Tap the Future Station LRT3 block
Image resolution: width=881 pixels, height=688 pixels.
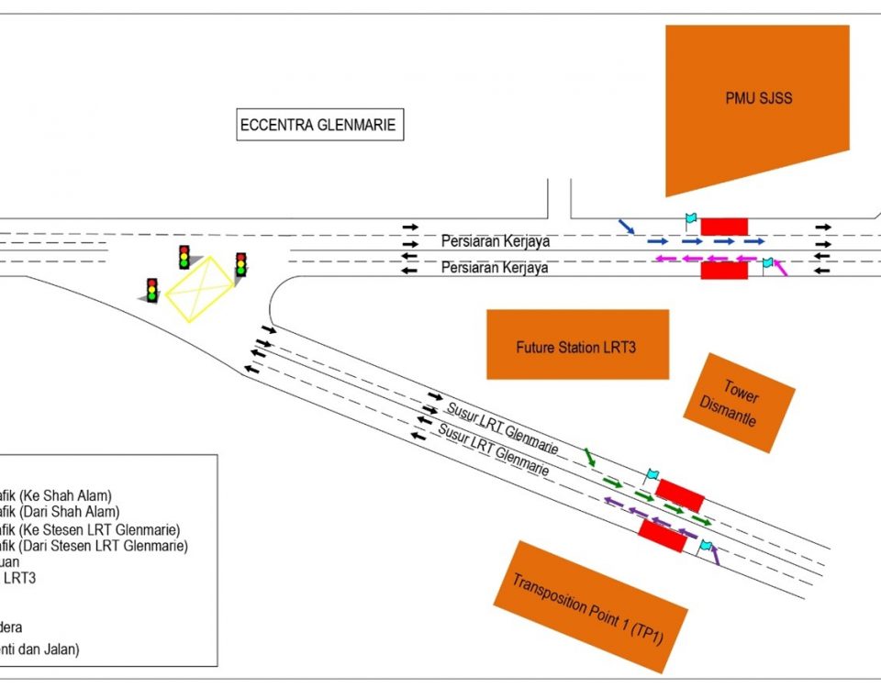point(577,346)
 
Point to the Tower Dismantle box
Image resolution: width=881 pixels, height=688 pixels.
point(738,402)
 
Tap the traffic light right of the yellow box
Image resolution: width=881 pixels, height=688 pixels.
point(240,265)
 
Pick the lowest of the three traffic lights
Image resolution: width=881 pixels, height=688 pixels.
point(152,290)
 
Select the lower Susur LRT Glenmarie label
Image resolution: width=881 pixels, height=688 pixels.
point(494,449)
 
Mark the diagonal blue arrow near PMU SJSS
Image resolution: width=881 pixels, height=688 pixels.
point(626,226)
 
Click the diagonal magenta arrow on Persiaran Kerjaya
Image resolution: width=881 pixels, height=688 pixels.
point(781,267)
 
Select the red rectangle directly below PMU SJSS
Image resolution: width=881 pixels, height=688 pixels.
point(724,226)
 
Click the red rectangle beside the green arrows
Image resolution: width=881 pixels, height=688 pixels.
point(680,494)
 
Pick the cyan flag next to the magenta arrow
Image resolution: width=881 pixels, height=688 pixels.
point(768,263)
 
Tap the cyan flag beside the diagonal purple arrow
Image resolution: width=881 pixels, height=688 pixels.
point(705,546)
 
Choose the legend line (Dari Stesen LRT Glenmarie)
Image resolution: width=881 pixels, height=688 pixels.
point(92,547)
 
